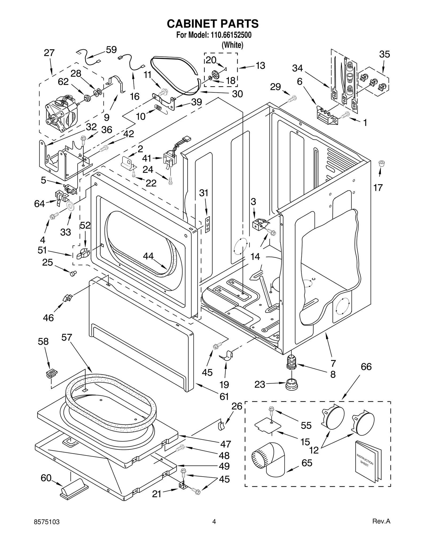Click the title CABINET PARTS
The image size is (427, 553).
coord(213,24)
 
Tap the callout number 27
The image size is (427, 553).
coord(49,53)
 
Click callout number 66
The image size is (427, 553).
coord(366,367)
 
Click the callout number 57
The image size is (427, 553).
coord(67,338)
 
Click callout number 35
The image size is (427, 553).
coord(385,54)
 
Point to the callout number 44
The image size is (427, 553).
coord(148,256)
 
